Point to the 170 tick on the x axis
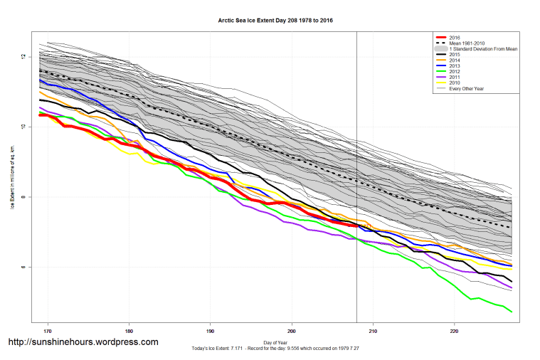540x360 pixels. [48, 331]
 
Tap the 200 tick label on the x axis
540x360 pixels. [292, 331]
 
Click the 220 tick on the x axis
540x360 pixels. [455, 331]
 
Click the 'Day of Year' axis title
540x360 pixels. [274, 343]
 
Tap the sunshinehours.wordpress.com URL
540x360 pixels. [83, 342]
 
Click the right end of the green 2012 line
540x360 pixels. [512, 311]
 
